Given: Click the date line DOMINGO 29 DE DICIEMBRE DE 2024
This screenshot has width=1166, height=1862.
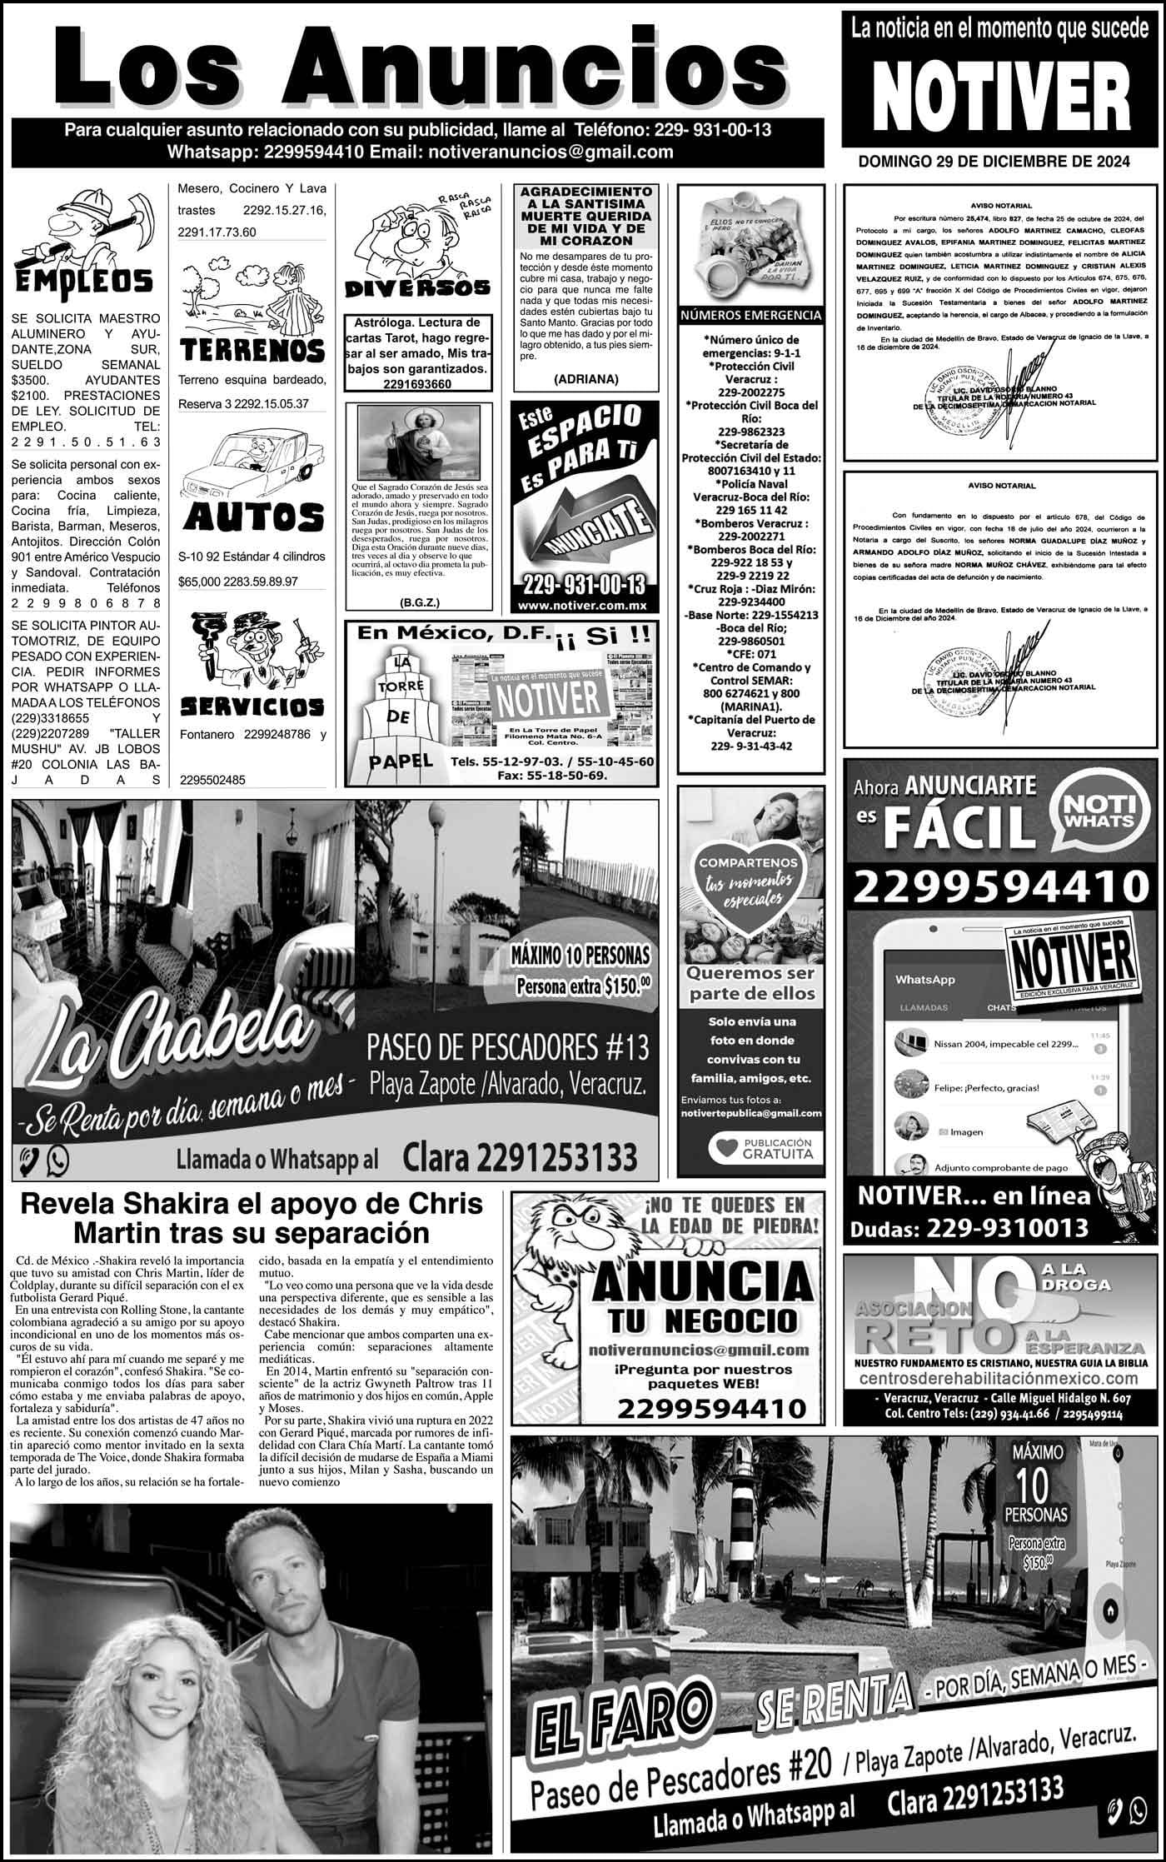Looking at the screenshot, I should (994, 162).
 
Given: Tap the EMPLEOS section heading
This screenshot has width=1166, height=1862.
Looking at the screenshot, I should (85, 280).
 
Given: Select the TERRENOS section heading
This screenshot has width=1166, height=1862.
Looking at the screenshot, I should (252, 350).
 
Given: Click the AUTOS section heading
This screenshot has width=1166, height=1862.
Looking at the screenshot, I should (252, 517).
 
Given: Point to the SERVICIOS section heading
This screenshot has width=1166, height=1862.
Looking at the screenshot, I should (252, 707).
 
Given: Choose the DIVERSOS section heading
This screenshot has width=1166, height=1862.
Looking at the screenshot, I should (417, 288).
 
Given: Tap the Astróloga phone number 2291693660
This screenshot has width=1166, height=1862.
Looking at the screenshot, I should (417, 384).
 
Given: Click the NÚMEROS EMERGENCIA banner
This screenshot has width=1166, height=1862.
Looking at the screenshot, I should (751, 316).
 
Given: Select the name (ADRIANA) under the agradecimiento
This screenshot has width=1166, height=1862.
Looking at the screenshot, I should (585, 378).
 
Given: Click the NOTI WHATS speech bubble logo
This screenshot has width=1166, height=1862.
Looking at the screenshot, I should (1097, 812).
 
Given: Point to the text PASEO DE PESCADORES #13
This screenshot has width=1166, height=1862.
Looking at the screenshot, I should (508, 1046).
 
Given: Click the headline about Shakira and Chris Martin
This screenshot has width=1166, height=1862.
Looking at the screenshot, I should (252, 1218).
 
